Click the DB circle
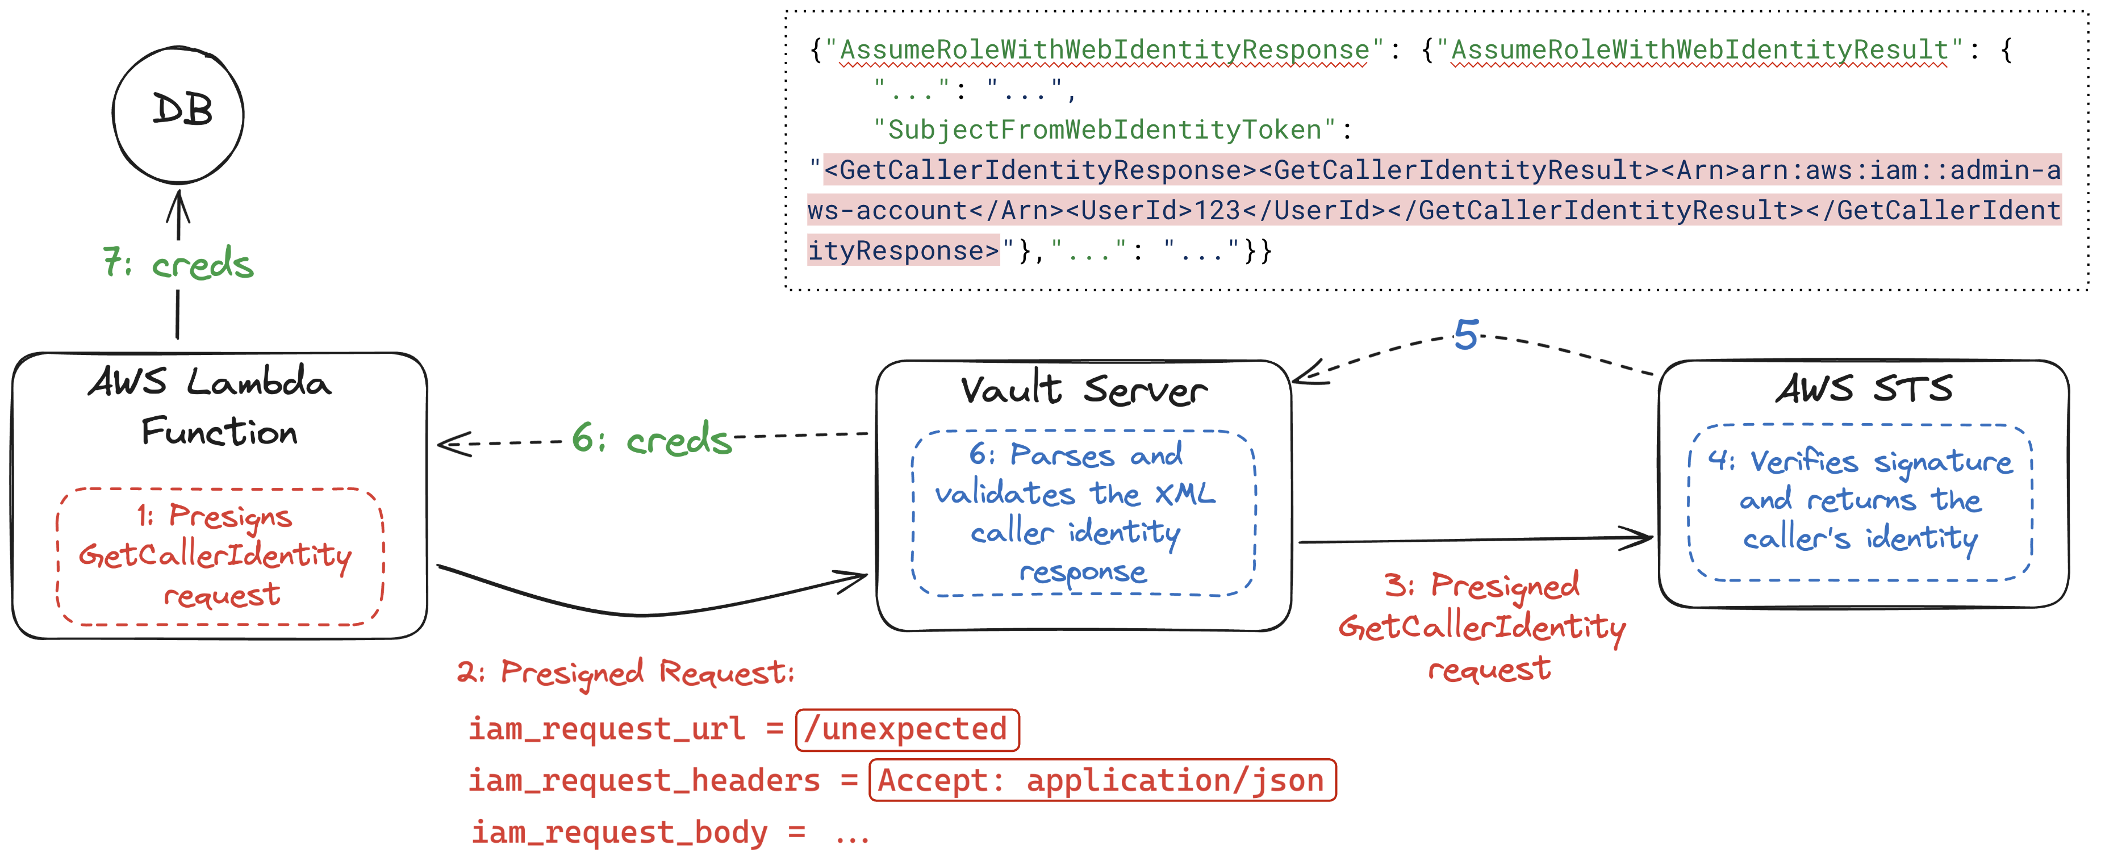tap(178, 114)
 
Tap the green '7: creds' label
tap(178, 263)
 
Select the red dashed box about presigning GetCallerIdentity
tap(220, 557)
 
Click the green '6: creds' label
tap(651, 439)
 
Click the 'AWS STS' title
tap(1863, 388)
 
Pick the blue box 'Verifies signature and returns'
tap(1860, 501)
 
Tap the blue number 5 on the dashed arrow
tap(1466, 335)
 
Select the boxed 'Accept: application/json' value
tap(1101, 780)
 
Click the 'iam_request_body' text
tap(620, 833)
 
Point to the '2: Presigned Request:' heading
tap(625, 672)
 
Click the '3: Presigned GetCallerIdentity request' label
tap(1482, 626)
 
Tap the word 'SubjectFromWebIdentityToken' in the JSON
tap(1105, 130)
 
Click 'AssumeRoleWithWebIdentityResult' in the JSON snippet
tap(1699, 50)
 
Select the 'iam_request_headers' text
tap(644, 780)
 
